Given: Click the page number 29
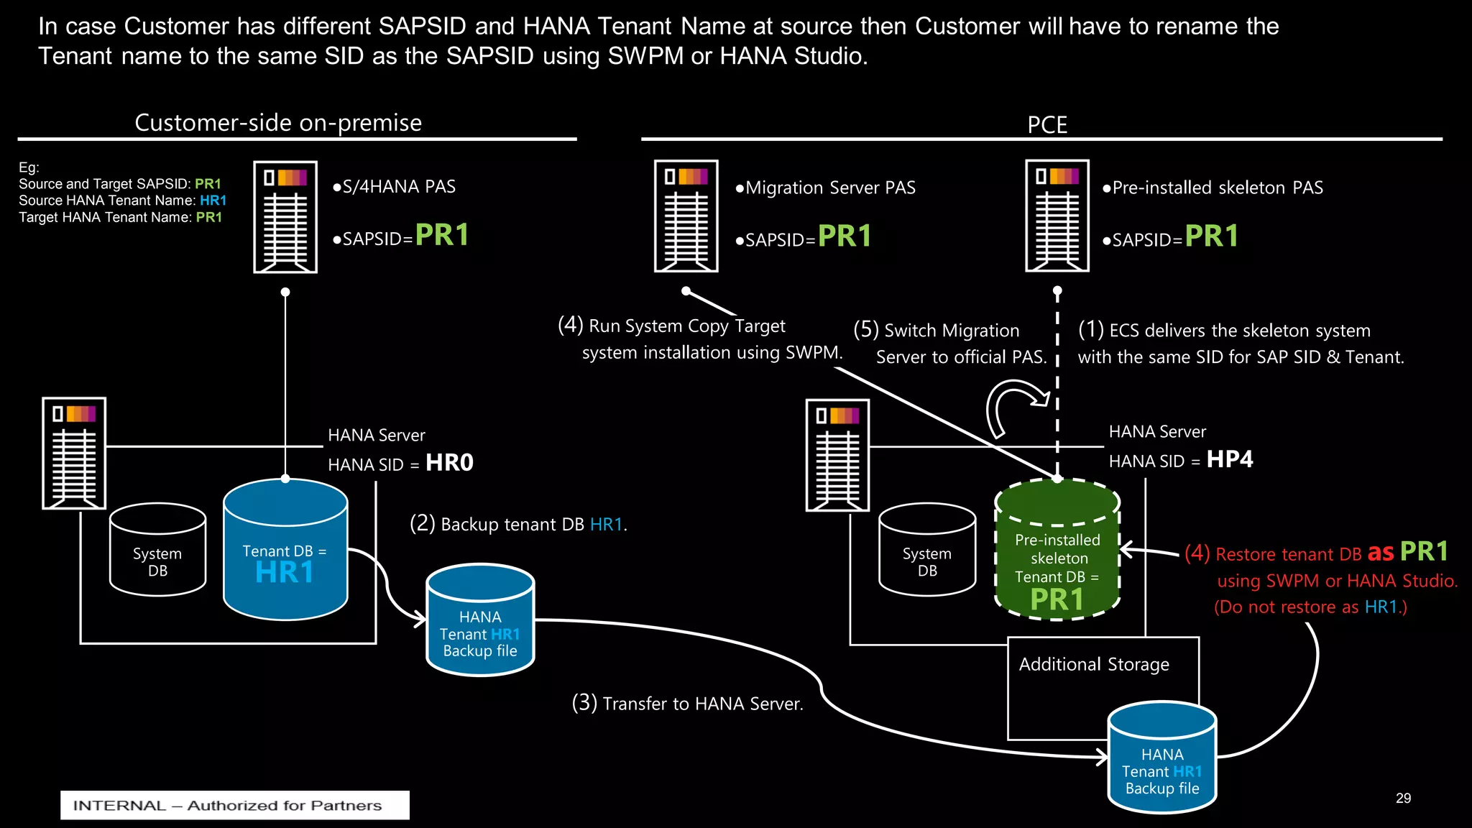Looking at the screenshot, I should (x=1403, y=799).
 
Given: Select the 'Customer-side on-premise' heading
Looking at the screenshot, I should (x=278, y=123).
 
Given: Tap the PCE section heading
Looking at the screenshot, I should (x=1046, y=125).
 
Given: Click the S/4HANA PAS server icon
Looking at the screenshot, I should (x=285, y=216).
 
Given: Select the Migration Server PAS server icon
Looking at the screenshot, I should (x=686, y=216).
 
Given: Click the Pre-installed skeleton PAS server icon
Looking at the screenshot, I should (x=1057, y=216).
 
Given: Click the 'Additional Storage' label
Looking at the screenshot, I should (x=1094, y=664).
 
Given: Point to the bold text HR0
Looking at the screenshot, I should (x=449, y=462).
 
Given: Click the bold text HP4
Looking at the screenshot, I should (x=1229, y=459).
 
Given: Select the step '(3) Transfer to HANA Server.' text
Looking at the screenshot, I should (x=687, y=703).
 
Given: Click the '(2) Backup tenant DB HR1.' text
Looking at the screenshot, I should (x=518, y=524).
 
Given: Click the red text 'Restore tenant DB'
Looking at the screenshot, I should (x=1288, y=554).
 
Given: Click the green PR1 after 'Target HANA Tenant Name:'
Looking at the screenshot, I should (x=208, y=217).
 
